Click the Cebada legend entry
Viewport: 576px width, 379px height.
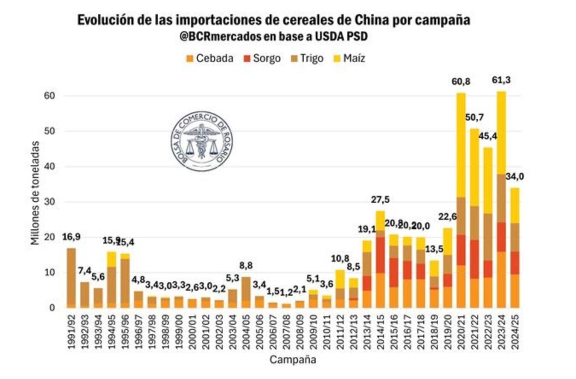tap(210, 58)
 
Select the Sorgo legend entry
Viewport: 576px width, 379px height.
tap(262, 58)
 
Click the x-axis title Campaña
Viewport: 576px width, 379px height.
tap(293, 360)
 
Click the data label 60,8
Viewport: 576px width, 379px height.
tap(461, 81)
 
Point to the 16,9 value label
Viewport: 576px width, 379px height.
tap(71, 237)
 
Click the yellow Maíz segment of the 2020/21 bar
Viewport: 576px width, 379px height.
tap(461, 145)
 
